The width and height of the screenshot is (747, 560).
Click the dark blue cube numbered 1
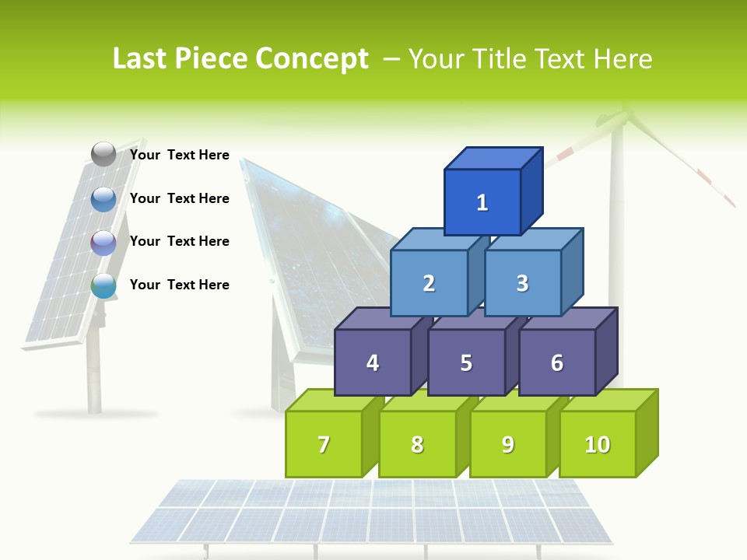coord(482,202)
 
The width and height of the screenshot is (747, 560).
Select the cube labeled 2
coord(429,283)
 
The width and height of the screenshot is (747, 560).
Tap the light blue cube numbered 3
coord(522,283)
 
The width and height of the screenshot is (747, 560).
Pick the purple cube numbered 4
coord(373,362)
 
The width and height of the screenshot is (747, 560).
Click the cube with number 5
coord(466,362)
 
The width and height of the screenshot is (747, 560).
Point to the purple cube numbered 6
coord(557,362)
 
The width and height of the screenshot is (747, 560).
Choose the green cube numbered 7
coord(324,444)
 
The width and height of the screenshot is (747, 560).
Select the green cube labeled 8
coord(417,444)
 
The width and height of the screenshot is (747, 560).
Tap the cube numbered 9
coord(508,444)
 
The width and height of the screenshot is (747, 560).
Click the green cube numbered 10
coord(598,444)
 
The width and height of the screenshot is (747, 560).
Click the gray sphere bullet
coord(103,155)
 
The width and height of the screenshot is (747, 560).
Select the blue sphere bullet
coord(103,199)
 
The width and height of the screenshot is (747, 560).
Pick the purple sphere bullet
coord(103,243)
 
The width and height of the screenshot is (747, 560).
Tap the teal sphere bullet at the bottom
coord(103,285)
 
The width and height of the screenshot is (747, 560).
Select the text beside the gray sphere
coord(180,155)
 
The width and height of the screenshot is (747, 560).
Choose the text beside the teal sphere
coord(180,285)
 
